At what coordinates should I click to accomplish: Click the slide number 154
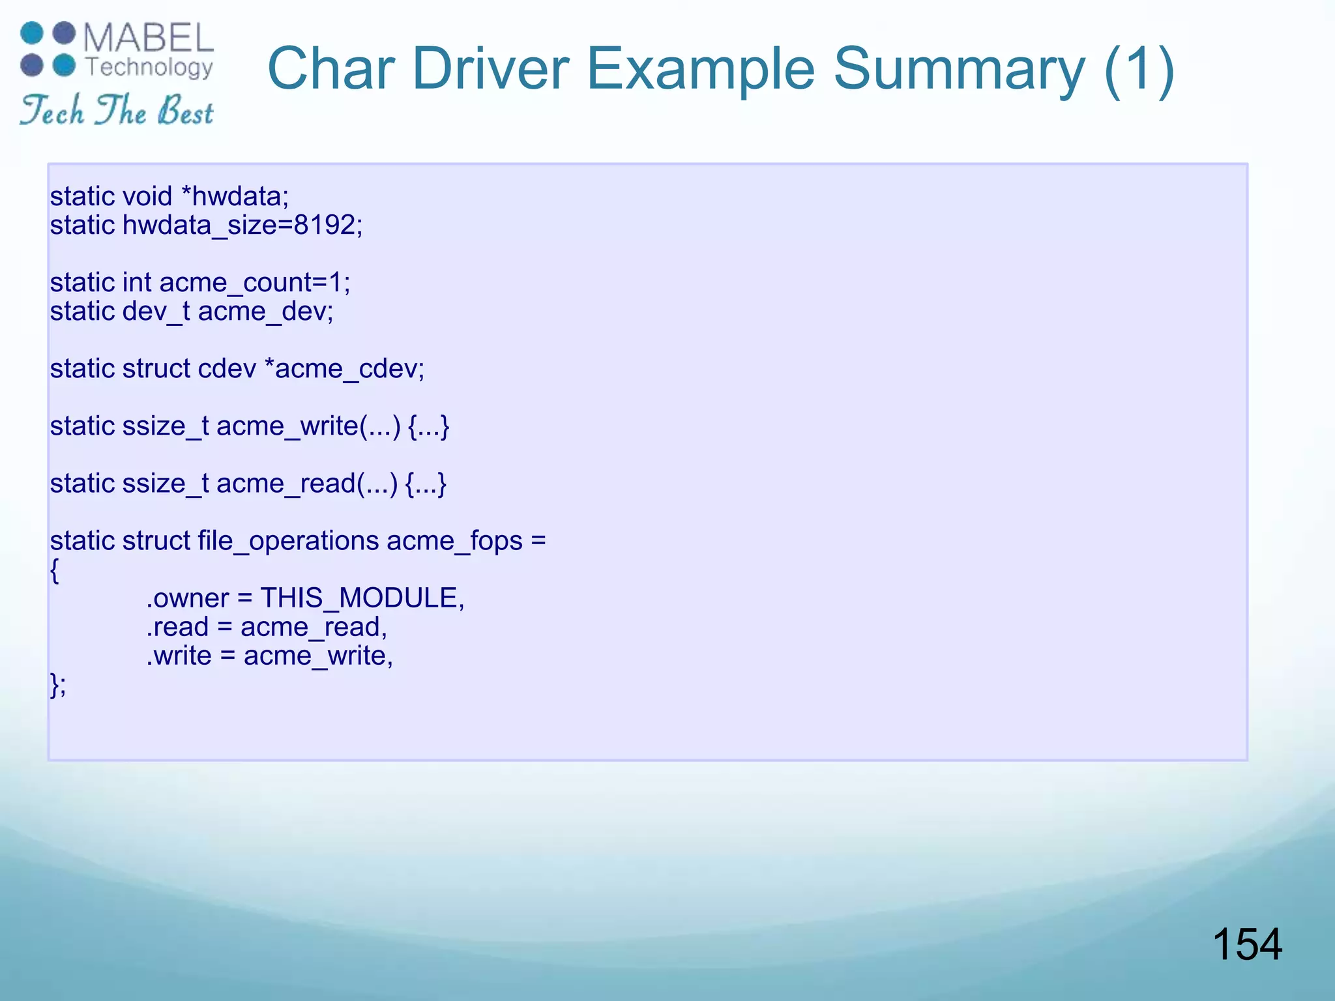pos(1246,944)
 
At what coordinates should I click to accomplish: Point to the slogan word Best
pos(186,111)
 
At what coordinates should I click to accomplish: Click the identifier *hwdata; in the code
pos(235,196)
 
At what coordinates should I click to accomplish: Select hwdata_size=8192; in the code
pos(242,225)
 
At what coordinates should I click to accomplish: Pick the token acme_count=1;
pos(255,283)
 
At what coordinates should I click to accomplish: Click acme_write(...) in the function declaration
pos(308,426)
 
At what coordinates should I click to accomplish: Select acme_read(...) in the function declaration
pos(306,484)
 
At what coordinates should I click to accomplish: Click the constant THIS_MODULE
pos(362,598)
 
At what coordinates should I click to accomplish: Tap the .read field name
pos(177,627)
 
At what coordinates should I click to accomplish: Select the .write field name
pos(179,656)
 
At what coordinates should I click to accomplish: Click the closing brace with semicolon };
pos(58,684)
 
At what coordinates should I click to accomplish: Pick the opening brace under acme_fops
pos(55,571)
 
